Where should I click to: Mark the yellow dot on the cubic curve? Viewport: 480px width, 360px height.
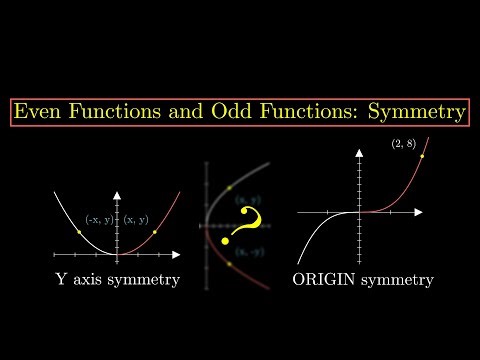coord(424,156)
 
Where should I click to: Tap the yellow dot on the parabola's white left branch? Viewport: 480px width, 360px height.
coord(79,232)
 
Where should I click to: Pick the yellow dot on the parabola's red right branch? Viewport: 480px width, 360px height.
coord(155,232)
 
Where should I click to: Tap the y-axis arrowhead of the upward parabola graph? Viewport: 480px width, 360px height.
coord(118,192)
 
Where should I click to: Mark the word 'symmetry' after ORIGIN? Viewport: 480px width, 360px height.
coord(398,281)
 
